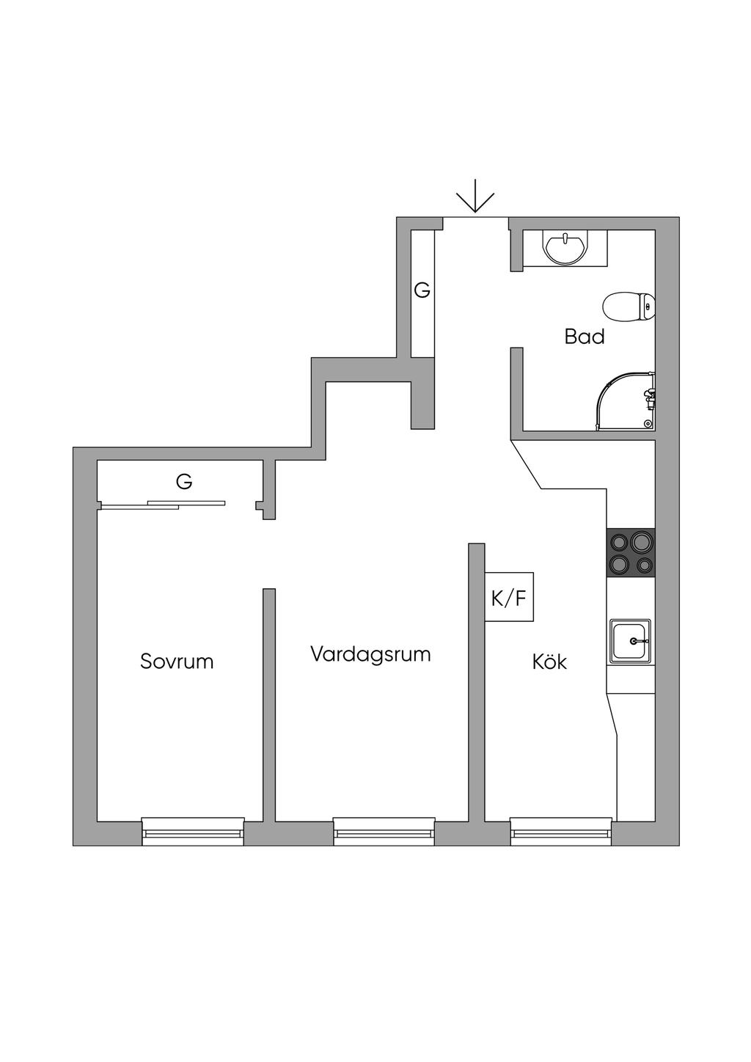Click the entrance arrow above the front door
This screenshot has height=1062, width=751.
click(x=475, y=197)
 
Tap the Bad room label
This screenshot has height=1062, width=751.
click(x=585, y=337)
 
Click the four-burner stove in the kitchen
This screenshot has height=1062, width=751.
click(x=631, y=552)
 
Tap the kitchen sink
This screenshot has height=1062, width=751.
click(x=630, y=640)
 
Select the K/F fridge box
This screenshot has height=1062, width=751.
click(x=509, y=597)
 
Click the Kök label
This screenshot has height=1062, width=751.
click(x=549, y=662)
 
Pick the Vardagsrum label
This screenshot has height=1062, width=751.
click(x=370, y=653)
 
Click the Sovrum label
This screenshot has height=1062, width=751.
click(x=177, y=662)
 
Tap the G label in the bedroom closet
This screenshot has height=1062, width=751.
click(x=184, y=482)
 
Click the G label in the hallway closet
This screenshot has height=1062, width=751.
click(x=422, y=290)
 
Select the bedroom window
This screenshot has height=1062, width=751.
click(x=193, y=830)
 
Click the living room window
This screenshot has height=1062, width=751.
click(x=384, y=830)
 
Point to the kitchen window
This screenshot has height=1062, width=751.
click(x=561, y=830)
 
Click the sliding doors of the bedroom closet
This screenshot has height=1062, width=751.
click(x=163, y=504)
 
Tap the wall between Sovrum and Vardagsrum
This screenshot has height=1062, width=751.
click(x=269, y=704)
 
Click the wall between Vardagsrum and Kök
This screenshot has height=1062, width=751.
click(x=477, y=682)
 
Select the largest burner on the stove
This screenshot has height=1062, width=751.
click(x=642, y=542)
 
